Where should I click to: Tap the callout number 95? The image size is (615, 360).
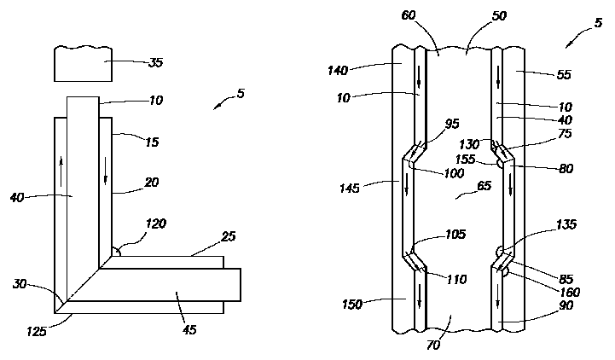click(453, 125)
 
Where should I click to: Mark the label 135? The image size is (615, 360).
click(566, 224)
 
